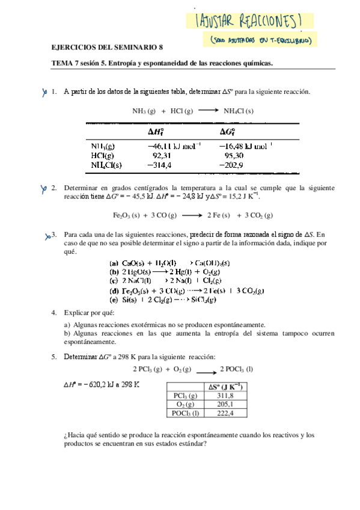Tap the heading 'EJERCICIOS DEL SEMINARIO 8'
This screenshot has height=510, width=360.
point(107,48)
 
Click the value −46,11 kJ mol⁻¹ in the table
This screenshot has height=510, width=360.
point(173,145)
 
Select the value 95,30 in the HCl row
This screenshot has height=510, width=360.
point(234,155)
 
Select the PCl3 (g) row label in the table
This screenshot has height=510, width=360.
point(185,396)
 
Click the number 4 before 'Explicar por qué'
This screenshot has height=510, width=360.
point(53,313)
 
